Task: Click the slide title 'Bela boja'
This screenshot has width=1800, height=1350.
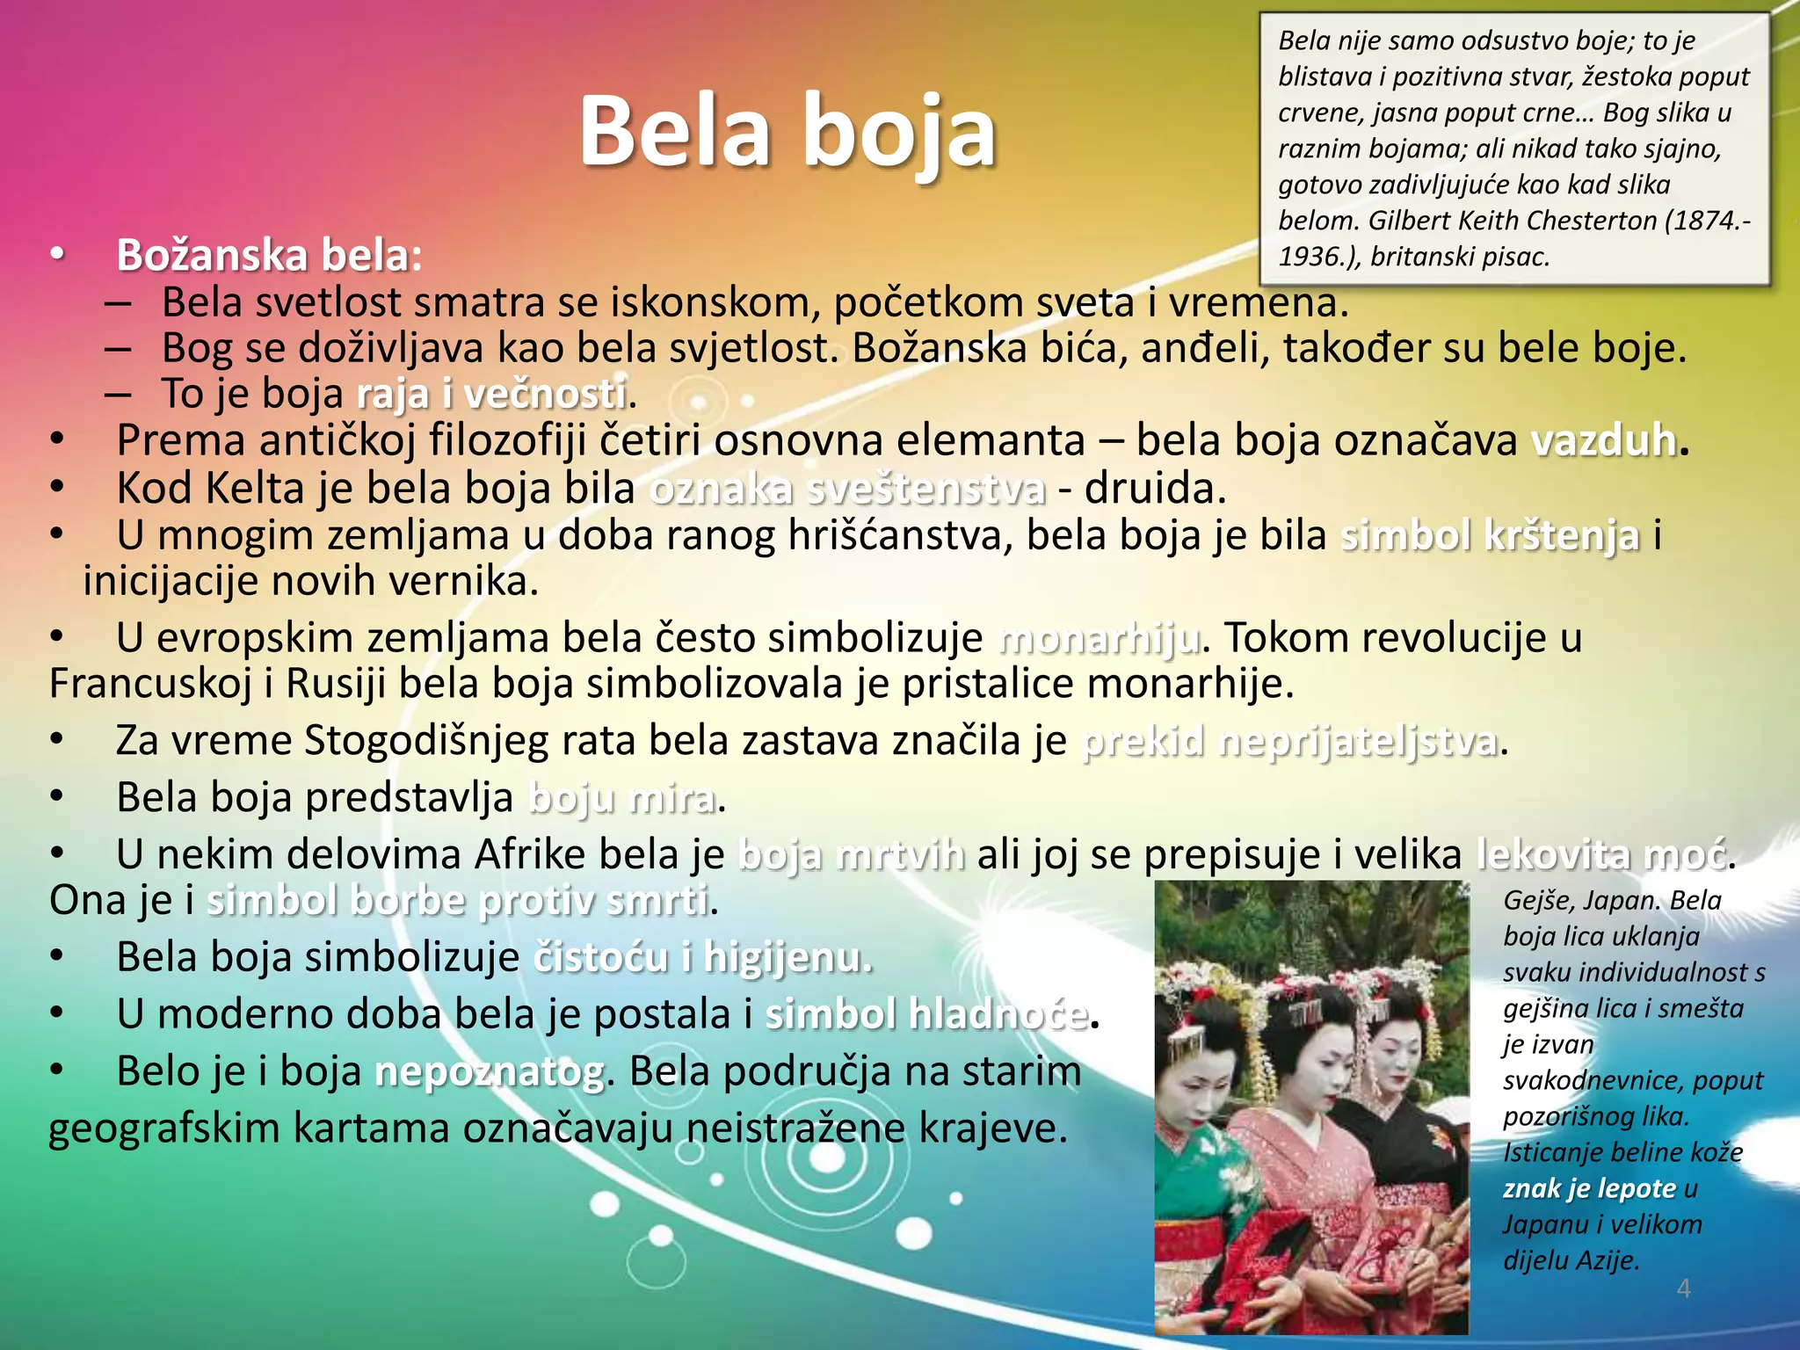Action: (x=787, y=132)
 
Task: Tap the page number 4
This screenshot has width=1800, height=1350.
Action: (x=1683, y=1288)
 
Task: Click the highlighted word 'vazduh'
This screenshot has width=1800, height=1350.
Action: (x=1604, y=440)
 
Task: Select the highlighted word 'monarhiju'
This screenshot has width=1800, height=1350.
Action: (x=1100, y=638)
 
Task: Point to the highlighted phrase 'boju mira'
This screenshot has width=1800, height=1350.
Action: (x=622, y=798)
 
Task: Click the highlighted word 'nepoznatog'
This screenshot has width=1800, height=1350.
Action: (x=490, y=1071)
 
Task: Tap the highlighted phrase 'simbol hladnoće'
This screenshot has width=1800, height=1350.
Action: (x=926, y=1014)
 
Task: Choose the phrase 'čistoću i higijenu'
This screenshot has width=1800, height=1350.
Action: (x=702, y=957)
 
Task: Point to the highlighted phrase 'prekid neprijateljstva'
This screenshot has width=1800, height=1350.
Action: (x=1289, y=741)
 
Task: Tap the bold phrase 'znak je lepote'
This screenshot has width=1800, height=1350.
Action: (x=1589, y=1188)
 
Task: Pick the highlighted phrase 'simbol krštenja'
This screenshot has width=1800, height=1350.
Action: (x=1490, y=535)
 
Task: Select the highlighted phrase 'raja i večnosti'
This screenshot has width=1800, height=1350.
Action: (x=492, y=394)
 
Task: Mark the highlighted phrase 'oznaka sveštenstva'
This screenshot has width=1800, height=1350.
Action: (x=847, y=489)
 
